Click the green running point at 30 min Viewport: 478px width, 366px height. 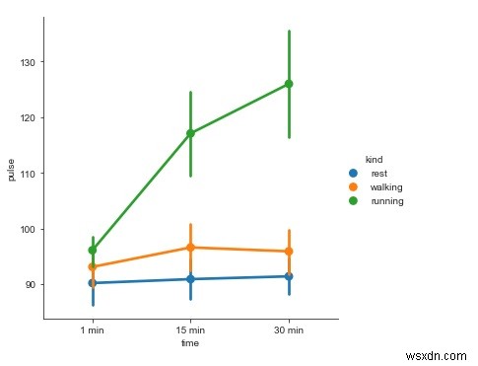click(x=289, y=84)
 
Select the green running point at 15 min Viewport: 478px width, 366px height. click(x=190, y=133)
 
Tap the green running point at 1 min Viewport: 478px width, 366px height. click(x=93, y=251)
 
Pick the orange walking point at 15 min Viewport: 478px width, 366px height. click(x=190, y=248)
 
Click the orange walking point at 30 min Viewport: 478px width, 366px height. click(x=289, y=252)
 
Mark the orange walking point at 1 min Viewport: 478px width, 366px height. click(x=93, y=267)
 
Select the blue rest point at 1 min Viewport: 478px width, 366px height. click(x=93, y=283)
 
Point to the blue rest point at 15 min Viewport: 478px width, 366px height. click(x=190, y=279)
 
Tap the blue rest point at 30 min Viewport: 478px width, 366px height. click(x=289, y=276)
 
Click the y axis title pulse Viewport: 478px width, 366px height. click(x=11, y=174)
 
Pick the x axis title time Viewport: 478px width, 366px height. click(x=190, y=343)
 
